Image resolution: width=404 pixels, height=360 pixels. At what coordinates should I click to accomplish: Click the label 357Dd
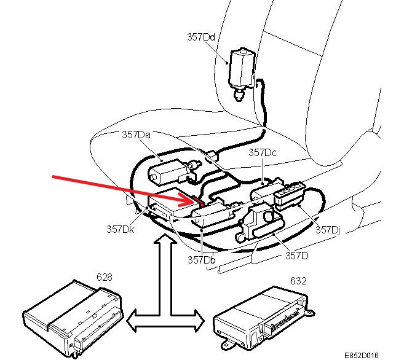[200, 37]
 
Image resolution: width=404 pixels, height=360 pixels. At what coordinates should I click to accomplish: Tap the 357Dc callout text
[264, 152]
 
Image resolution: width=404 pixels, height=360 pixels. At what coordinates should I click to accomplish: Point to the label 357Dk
[121, 230]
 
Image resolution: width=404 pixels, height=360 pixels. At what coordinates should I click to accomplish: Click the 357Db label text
[202, 260]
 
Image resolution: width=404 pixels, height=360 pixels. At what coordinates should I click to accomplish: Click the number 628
[104, 278]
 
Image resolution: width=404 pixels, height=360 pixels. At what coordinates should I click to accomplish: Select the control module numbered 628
[73, 315]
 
